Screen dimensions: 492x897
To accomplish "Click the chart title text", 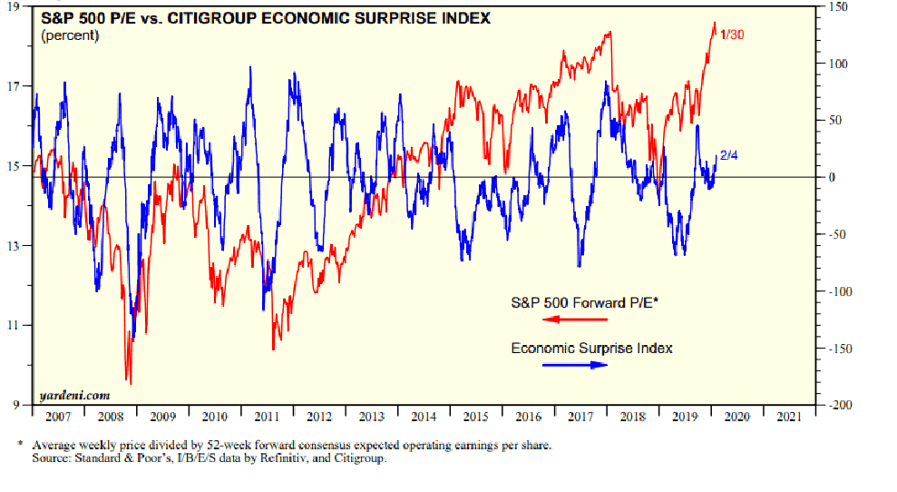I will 266,18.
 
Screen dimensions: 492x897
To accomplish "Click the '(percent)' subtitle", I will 71,34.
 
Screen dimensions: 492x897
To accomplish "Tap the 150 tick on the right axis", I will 834,6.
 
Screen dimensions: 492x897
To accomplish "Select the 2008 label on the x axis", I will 110,417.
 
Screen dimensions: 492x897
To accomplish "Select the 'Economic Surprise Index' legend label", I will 591,348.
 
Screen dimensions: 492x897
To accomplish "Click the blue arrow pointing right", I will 575,365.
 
